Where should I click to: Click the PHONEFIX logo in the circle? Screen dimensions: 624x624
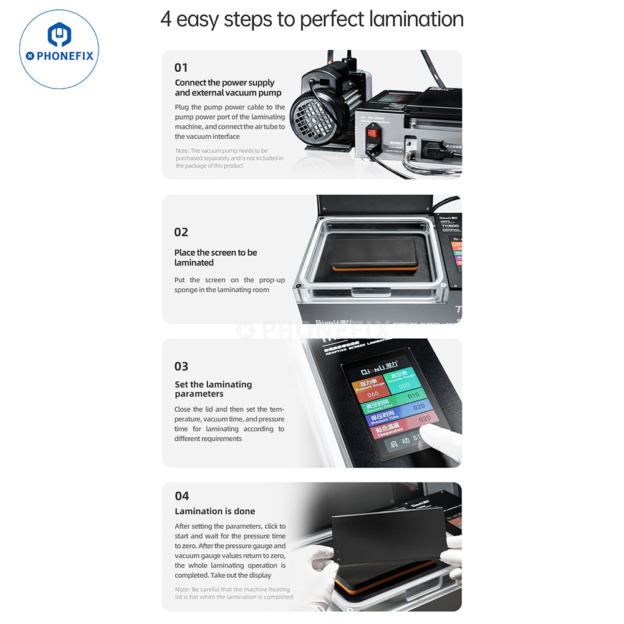click(x=59, y=49)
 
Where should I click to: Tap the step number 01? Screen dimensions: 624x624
click(x=181, y=67)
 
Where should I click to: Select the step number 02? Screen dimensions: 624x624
click(x=181, y=232)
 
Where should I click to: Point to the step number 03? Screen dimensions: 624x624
click(x=181, y=367)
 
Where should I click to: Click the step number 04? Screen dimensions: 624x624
click(x=181, y=496)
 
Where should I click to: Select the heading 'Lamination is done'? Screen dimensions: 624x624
click(x=215, y=511)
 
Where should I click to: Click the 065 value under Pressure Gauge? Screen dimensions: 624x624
click(x=373, y=394)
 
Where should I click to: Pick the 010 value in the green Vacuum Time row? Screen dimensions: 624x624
click(x=413, y=395)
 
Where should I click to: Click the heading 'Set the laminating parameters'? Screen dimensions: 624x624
click(x=213, y=389)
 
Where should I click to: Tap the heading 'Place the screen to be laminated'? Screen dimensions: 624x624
click(x=216, y=257)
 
